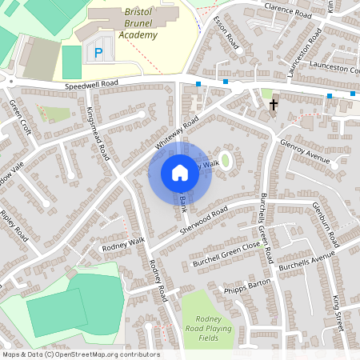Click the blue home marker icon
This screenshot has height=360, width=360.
(x=180, y=173)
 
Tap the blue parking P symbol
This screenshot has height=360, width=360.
(x=98, y=53)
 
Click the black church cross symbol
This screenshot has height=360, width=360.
(x=274, y=104)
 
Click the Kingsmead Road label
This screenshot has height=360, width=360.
(x=98, y=134)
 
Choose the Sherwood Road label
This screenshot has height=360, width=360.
(x=204, y=219)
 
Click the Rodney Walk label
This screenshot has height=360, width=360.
(x=122, y=243)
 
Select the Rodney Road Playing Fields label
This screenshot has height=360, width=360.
(x=210, y=328)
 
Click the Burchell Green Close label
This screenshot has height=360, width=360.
(x=226, y=254)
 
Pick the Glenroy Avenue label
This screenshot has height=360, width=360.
(x=305, y=150)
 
